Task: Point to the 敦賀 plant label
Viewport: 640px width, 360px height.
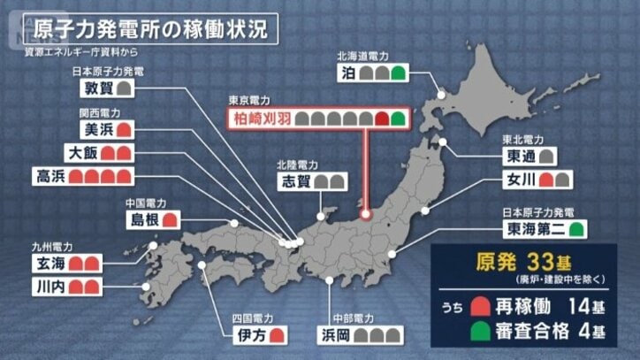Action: [x=98, y=88]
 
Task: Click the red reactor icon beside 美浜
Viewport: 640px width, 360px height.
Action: [x=125, y=130]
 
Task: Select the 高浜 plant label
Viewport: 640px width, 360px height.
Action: [x=48, y=174]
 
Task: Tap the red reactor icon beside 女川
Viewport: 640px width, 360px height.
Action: [x=546, y=182]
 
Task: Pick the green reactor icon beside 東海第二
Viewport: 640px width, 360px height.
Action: [x=577, y=230]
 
